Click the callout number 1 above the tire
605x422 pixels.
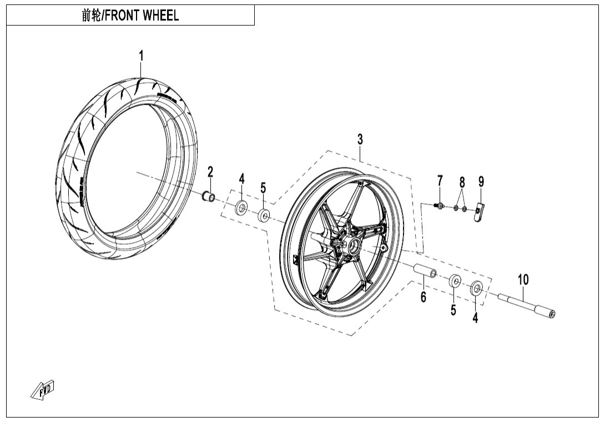(x=141, y=56)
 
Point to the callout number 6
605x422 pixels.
(x=423, y=297)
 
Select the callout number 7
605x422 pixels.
(x=440, y=181)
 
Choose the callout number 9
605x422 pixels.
(x=481, y=181)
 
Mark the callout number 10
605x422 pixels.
(x=523, y=280)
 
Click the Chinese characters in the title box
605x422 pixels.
(x=89, y=16)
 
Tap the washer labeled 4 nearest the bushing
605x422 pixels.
(x=242, y=207)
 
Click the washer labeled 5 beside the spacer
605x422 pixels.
(x=455, y=281)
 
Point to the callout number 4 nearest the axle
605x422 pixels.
(x=475, y=318)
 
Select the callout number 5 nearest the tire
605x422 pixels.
(x=263, y=187)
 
